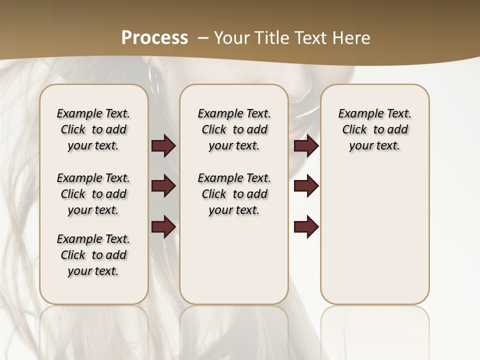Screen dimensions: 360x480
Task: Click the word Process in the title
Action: click(x=154, y=38)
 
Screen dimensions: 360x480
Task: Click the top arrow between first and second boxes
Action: click(x=163, y=146)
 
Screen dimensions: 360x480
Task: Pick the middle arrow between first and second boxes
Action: click(x=163, y=186)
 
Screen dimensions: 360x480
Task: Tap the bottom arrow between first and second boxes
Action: click(x=163, y=226)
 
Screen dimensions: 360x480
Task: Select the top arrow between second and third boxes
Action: click(x=306, y=146)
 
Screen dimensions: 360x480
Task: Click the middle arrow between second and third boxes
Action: click(x=306, y=186)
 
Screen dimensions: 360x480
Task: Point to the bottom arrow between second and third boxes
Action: click(x=306, y=226)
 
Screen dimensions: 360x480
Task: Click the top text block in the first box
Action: click(x=93, y=129)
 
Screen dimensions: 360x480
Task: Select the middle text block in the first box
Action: click(x=93, y=194)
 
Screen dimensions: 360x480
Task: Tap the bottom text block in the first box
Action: click(x=93, y=255)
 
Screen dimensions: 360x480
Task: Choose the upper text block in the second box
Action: click(x=234, y=129)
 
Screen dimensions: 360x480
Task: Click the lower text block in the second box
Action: click(x=234, y=194)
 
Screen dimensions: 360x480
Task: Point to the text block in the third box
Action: click(x=374, y=129)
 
